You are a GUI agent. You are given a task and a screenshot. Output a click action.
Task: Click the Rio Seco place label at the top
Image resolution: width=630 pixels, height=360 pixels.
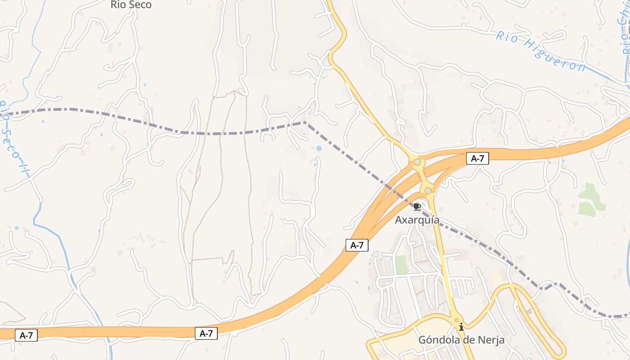[x=131, y=5]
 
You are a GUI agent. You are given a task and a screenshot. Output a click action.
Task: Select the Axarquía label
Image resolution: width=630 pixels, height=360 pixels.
[x=417, y=220]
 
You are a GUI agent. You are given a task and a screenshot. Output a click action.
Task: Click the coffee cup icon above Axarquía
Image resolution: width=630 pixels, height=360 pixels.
[x=417, y=207]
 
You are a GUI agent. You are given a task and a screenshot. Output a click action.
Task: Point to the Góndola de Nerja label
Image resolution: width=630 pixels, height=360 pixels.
[x=461, y=340]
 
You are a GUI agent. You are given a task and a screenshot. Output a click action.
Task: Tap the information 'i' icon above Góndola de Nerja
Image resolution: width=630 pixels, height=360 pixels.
[x=461, y=327]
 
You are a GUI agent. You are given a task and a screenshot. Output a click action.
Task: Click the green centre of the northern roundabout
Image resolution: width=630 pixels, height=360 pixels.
[x=417, y=162]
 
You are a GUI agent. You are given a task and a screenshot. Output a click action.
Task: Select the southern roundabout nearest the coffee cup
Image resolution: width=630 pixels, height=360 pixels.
[x=428, y=191]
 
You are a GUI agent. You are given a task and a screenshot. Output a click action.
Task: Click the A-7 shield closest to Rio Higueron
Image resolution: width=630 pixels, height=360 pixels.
[x=477, y=158]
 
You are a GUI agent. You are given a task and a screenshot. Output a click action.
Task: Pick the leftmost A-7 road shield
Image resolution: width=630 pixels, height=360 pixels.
[x=26, y=335]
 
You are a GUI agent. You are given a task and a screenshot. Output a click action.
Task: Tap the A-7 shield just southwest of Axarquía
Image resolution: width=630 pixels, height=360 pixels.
[x=357, y=245]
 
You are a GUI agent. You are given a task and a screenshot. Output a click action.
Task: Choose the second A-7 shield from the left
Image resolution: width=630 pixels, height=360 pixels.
[x=206, y=333]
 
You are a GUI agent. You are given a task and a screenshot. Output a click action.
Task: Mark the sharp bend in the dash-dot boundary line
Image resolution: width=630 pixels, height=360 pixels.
[x=305, y=122]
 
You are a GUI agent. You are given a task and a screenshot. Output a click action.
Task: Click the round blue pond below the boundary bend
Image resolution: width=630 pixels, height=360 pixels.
[x=319, y=148]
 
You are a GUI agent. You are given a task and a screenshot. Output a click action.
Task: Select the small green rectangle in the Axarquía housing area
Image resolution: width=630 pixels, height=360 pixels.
[x=402, y=265]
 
